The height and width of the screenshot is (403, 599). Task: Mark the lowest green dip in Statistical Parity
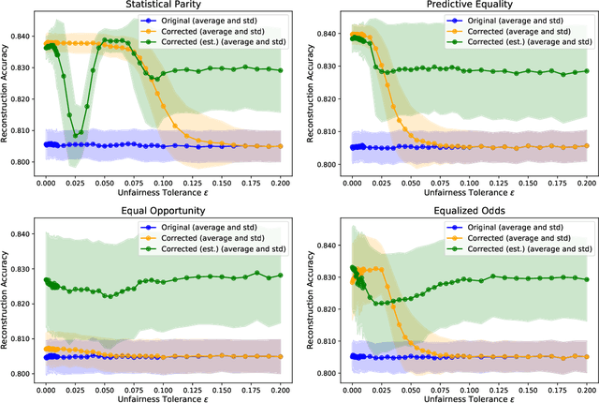[76, 135]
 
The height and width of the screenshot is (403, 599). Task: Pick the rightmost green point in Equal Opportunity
[280, 249]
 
